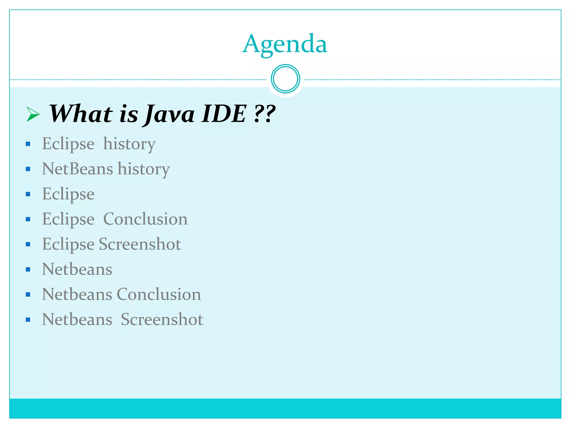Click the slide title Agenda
click(285, 44)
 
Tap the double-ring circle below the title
click(285, 79)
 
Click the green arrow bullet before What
click(33, 114)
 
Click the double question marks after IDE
click(265, 114)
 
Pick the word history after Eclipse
click(129, 144)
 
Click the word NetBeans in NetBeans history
click(78, 169)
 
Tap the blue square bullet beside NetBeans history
click(28, 169)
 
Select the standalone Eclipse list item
click(68, 194)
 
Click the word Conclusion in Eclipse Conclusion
click(145, 219)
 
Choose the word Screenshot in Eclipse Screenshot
click(140, 244)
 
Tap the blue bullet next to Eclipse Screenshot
click(28, 244)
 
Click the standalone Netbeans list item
click(77, 269)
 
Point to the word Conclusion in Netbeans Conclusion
click(159, 294)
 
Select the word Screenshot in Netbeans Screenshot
click(162, 319)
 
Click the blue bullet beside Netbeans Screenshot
click(28, 320)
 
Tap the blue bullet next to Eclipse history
click(28, 144)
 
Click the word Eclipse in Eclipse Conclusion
click(68, 219)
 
